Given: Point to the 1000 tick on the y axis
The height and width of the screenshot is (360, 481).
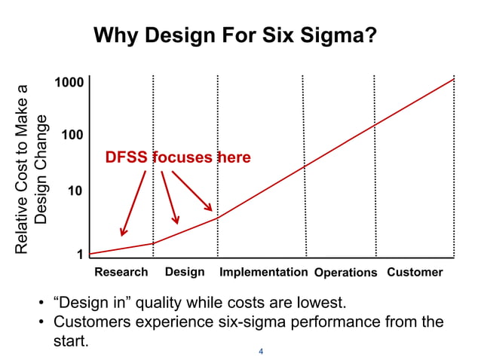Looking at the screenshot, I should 68,81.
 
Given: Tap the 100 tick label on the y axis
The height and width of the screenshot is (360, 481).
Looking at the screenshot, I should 72,136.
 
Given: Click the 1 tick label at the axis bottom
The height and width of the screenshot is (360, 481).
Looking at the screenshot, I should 80,255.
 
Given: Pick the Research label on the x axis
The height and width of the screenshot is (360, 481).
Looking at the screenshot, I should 121,272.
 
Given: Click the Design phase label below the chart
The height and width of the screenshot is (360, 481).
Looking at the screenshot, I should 185,272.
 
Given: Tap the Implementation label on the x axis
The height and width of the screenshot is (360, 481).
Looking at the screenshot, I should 263,272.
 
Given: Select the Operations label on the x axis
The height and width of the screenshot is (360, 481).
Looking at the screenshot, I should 345,273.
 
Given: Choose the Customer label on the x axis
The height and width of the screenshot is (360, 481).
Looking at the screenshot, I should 415,272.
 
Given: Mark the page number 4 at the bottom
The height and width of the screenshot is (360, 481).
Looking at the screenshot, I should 261,351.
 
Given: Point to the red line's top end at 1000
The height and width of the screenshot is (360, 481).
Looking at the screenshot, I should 455,78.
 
